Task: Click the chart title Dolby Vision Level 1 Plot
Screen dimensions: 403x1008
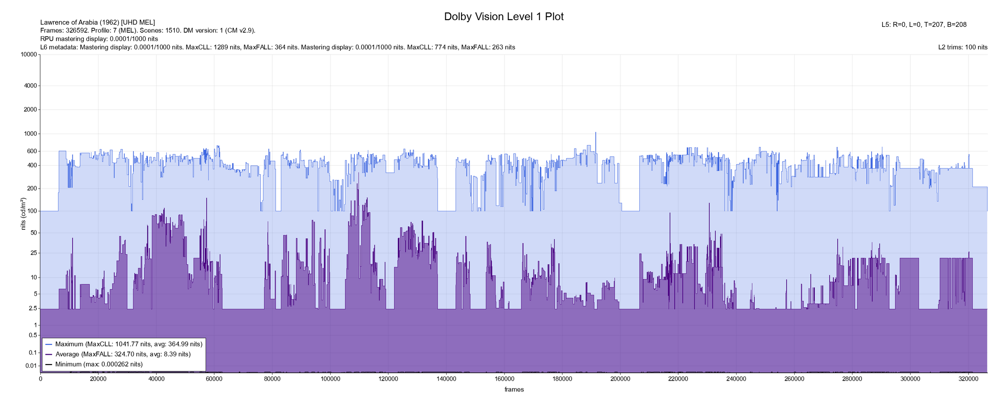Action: tap(504, 17)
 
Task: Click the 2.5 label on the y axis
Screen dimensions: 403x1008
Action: tap(32, 309)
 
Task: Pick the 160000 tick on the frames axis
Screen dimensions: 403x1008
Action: tap(504, 379)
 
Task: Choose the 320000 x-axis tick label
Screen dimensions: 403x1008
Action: tap(968, 379)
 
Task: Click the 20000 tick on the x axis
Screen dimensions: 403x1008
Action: tap(98, 379)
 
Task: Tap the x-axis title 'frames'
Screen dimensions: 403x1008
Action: tap(514, 390)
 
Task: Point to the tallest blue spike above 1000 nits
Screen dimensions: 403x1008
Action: tap(595, 133)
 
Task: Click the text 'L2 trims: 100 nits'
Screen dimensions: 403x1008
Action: tap(963, 47)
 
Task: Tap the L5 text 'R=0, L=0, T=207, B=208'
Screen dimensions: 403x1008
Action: tap(930, 25)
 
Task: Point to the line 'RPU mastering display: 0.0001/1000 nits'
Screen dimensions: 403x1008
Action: tap(99, 39)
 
